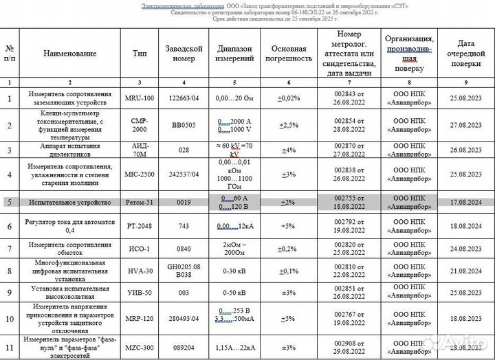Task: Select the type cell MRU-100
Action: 140,98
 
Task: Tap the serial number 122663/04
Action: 184,98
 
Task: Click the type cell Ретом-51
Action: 140,203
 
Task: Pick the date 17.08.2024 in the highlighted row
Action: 467,203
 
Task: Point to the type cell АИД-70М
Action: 140,150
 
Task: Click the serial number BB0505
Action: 184,125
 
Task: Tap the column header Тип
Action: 140,53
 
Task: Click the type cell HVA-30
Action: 140,271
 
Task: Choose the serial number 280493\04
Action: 184,319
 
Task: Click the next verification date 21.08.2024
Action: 467,271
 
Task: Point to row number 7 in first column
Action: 10,248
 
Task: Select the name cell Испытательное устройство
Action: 69,203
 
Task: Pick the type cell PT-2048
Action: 140,225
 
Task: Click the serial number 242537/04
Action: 184,175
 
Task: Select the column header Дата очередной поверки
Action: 467,53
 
